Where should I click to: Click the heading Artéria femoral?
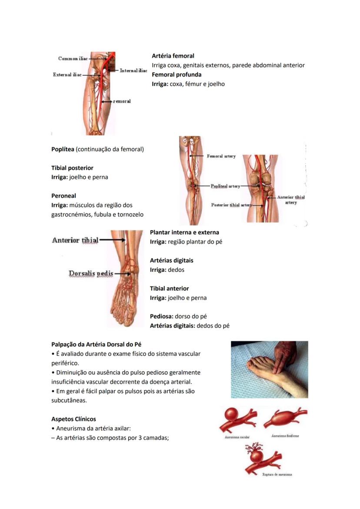click(x=173, y=56)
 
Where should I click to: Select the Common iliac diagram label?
click(x=73, y=59)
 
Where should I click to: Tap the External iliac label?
click(x=67, y=75)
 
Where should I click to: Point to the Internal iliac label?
click(x=133, y=70)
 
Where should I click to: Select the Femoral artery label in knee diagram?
click(x=221, y=156)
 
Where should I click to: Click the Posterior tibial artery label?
click(x=231, y=205)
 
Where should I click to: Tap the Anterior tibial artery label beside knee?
click(x=291, y=200)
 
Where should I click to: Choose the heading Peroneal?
click(x=63, y=196)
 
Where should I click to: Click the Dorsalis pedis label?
click(x=91, y=274)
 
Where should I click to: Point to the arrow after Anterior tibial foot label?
click(x=112, y=240)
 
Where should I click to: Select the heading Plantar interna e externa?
click(x=184, y=232)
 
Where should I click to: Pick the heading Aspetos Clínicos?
click(x=73, y=419)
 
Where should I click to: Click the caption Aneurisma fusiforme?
click(x=285, y=435)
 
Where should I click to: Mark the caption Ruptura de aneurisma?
click(x=277, y=474)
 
